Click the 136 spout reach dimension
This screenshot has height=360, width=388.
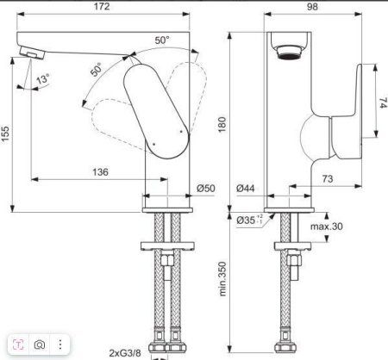[100, 172]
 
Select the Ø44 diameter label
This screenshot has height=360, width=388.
[248, 187]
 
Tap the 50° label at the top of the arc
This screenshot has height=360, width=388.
[161, 40]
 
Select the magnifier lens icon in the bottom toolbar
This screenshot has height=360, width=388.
[40, 345]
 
